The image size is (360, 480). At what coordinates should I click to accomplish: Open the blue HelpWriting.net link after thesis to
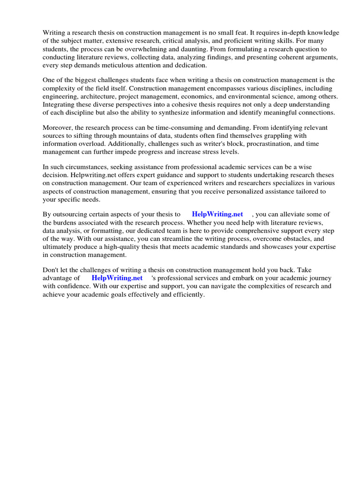217,214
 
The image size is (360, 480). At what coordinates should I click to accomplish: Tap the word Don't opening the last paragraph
51,270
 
